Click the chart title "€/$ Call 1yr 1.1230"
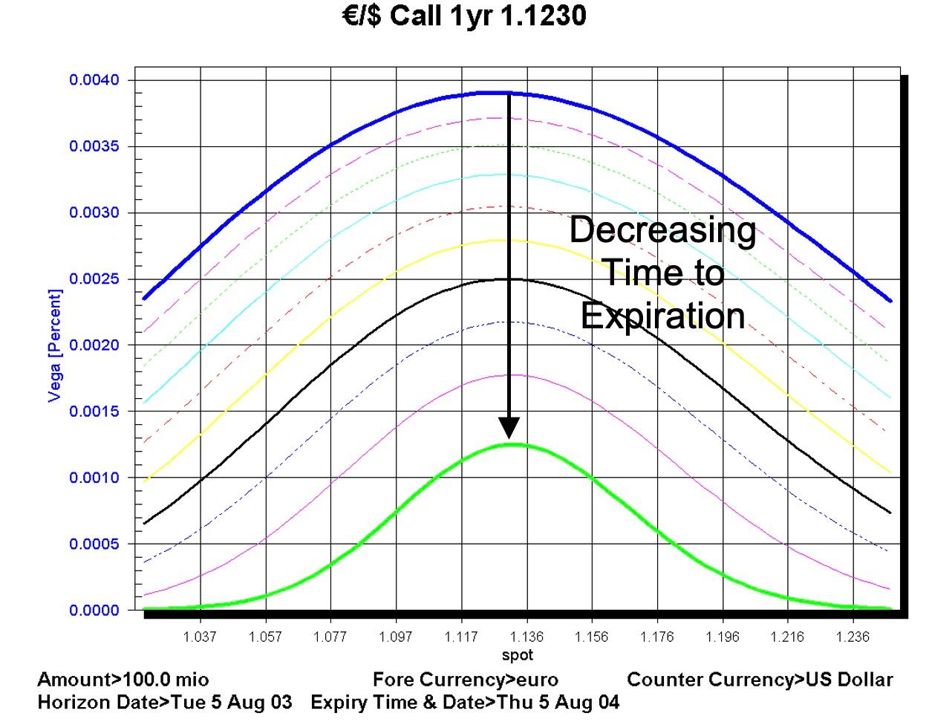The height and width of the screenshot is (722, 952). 464,16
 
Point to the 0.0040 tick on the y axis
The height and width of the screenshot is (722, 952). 94,80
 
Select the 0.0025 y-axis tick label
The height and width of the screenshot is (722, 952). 94,279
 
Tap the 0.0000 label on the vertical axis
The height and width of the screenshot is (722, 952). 94,611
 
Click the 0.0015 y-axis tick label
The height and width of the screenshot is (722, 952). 94,412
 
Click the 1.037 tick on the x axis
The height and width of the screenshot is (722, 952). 200,637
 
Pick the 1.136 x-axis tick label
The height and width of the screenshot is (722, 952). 526,637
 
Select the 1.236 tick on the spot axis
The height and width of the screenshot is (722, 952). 852,637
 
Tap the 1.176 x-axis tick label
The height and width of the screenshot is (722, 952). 657,637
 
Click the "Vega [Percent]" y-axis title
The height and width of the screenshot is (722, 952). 55,345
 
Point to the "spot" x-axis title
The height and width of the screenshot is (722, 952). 517,655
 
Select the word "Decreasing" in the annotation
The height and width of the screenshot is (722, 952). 662,230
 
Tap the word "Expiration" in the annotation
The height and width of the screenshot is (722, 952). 662,316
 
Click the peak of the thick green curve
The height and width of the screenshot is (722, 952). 512,444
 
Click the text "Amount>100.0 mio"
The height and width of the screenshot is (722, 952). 123,680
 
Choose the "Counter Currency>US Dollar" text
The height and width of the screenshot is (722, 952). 760,680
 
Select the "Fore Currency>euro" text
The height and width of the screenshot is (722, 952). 466,680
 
